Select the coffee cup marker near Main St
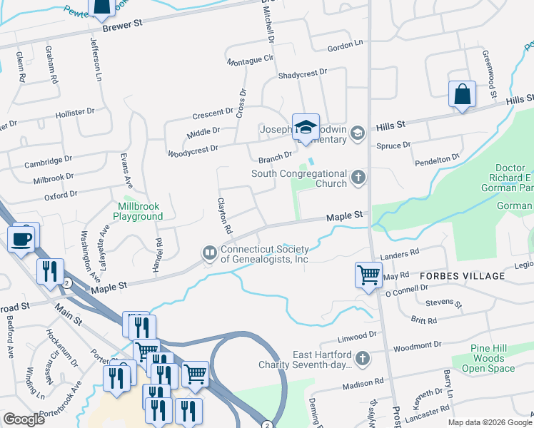click(22, 238)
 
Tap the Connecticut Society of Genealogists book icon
click(210, 252)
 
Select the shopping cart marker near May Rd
click(368, 274)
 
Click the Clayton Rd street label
click(225, 216)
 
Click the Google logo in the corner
click(24, 419)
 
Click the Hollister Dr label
click(75, 113)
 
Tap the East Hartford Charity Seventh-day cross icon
click(363, 357)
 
